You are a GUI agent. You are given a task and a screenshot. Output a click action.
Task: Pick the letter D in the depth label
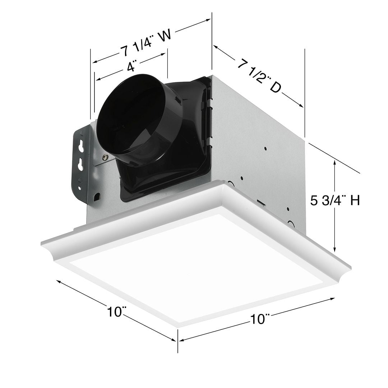pyautogui.click(x=275, y=88)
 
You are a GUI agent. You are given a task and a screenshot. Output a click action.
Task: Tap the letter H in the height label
pyautogui.click(x=355, y=200)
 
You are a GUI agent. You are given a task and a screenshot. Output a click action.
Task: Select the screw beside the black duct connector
pyautogui.click(x=105, y=157)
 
